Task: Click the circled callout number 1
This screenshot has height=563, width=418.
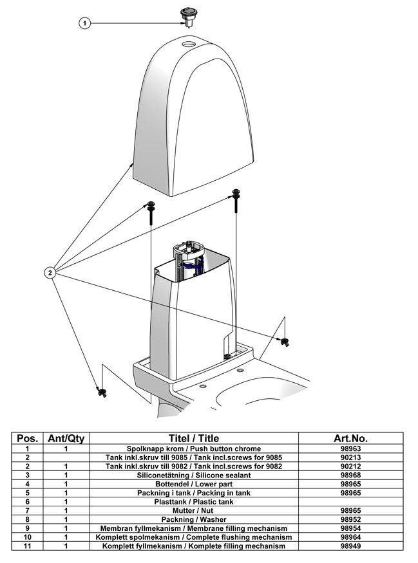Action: [x=84, y=23]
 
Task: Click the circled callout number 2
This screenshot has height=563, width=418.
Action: [x=51, y=272]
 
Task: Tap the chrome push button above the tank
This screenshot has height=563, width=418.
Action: [x=188, y=14]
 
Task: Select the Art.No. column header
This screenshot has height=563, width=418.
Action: [x=350, y=438]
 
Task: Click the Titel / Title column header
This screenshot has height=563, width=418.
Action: [x=194, y=438]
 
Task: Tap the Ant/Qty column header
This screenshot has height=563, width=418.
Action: [x=66, y=438]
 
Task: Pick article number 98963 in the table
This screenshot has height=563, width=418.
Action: [x=350, y=448]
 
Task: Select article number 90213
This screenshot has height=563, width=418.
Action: [x=350, y=457]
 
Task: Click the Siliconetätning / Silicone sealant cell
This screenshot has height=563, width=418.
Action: [x=194, y=475]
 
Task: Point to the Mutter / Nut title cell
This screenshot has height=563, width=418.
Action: [x=194, y=510]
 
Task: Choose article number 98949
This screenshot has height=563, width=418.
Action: [x=350, y=546]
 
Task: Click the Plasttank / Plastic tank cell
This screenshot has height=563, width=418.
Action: [x=194, y=501]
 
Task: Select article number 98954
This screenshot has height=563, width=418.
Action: [x=350, y=528]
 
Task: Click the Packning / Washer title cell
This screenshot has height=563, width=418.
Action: [x=194, y=519]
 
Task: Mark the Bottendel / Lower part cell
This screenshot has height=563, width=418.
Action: [x=194, y=484]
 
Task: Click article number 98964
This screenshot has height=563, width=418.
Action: [x=350, y=537]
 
